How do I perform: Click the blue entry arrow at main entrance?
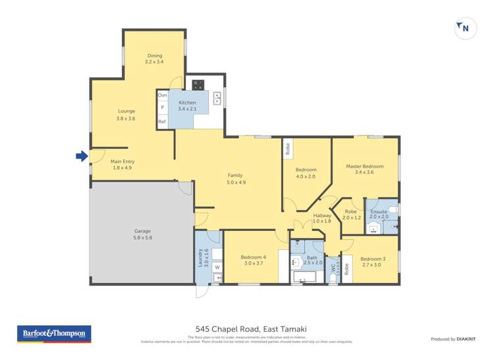coord(81,156)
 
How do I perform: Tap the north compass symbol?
coord(465,28)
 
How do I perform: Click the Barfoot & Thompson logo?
coord(54,334)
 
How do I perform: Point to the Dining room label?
coord(153,59)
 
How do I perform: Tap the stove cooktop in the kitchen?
coord(198,84)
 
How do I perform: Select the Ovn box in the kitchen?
coord(162,95)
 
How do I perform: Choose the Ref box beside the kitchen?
coord(162,121)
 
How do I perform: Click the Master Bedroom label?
coord(364,169)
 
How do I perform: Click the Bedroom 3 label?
coord(373,262)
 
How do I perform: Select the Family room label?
coord(235,178)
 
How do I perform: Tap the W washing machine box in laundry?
coord(216,267)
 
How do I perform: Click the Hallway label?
coord(322,218)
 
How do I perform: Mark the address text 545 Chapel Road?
coord(251,329)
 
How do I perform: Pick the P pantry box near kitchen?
coord(162,108)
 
